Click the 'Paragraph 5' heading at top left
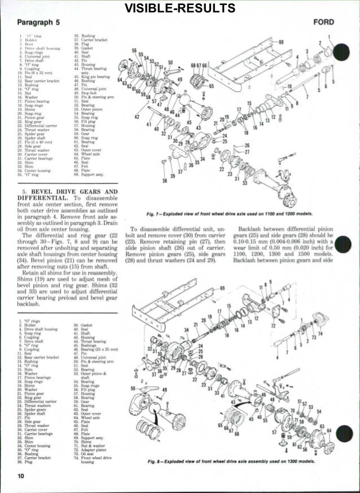(38, 23)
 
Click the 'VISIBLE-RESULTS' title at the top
(180, 7)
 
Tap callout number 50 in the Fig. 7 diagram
(170, 63)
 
